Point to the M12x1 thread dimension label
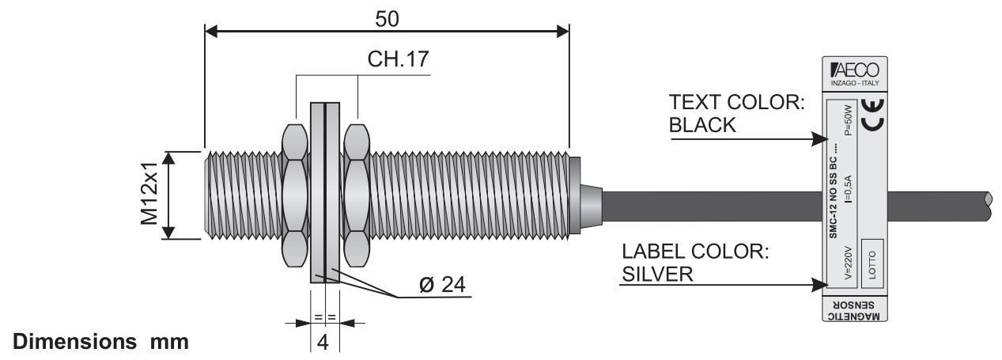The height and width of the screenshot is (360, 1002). pos(151,195)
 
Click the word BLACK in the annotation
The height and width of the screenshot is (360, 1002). pos(702,125)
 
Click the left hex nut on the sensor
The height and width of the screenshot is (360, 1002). pos(294,194)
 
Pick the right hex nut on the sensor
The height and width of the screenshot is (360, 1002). pos(357,194)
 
